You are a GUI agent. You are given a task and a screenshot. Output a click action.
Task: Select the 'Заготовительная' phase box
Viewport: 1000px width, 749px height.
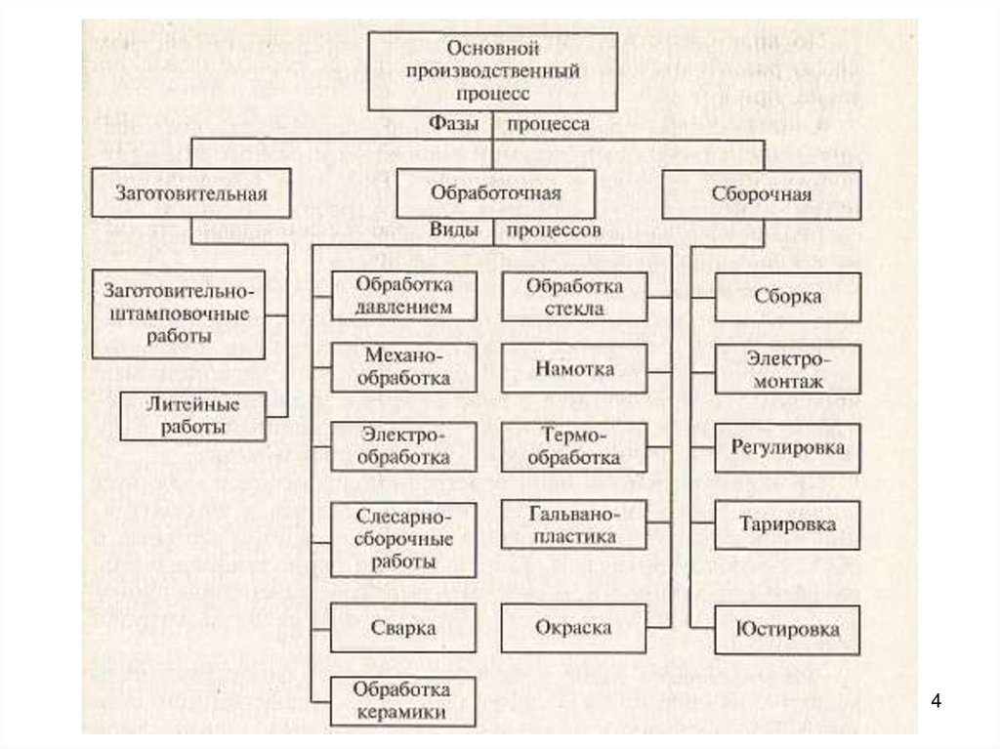[x=191, y=193]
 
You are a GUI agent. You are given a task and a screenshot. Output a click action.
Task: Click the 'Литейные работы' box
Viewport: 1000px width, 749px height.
[x=192, y=416]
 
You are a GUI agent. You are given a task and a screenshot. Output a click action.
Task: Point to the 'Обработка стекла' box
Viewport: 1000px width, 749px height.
[x=574, y=297]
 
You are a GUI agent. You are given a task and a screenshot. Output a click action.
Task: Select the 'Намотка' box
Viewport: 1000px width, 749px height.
[x=574, y=369]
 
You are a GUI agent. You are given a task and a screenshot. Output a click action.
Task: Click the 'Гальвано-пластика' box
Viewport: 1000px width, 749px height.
[x=574, y=524]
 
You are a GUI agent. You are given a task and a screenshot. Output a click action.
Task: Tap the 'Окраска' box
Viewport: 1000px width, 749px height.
[x=574, y=627]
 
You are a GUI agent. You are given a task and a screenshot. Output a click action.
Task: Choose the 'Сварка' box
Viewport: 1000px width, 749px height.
[x=403, y=627]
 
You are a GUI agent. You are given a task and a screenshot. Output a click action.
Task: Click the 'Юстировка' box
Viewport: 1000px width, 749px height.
[x=788, y=630]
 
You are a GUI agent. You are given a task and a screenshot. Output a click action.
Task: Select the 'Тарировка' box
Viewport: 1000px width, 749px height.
[x=788, y=525]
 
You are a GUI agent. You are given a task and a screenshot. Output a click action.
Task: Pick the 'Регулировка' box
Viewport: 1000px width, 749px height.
[x=788, y=447]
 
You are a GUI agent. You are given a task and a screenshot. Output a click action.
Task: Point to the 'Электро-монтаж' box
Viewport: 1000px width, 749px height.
[x=788, y=369]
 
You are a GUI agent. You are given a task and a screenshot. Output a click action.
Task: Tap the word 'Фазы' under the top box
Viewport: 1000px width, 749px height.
[x=454, y=124]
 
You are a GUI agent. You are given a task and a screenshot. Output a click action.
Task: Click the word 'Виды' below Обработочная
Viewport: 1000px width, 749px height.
[x=454, y=230]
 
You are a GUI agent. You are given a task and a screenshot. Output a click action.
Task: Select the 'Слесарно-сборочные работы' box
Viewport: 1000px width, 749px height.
[x=403, y=539]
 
